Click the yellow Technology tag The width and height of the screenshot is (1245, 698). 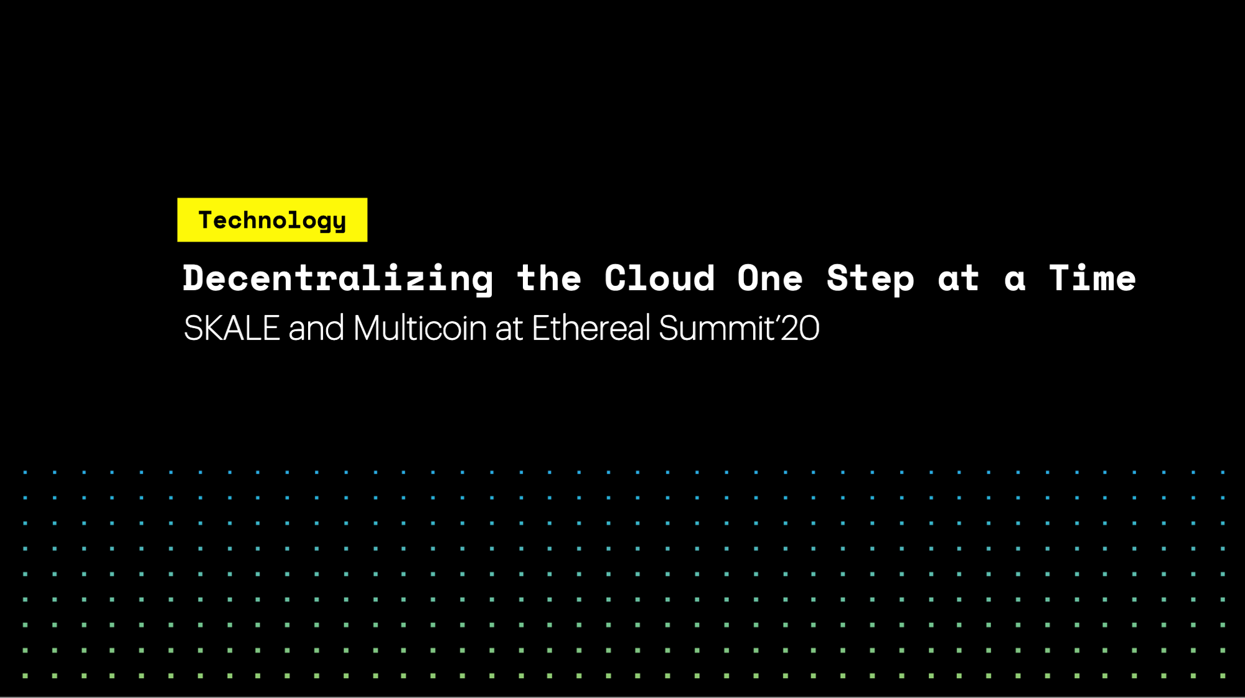pyautogui.click(x=272, y=220)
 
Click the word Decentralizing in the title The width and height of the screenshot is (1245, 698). pyautogui.click(x=338, y=278)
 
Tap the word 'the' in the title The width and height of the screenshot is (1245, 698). pyautogui.click(x=549, y=278)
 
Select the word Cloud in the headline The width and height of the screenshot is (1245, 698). pyautogui.click(x=659, y=278)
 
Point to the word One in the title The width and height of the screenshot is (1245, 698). pyautogui.click(x=770, y=278)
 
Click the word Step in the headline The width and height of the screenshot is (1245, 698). pyautogui.click(x=870, y=278)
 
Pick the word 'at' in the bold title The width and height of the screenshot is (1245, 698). pyautogui.click(x=959, y=278)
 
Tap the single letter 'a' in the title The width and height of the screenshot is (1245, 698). pyautogui.click(x=1015, y=280)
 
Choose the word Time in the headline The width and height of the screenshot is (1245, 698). pyautogui.click(x=1092, y=278)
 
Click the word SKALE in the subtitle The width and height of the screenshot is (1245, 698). pyautogui.click(x=232, y=328)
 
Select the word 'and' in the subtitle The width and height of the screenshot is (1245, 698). pyautogui.click(x=316, y=328)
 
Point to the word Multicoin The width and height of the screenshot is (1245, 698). pyautogui.click(x=420, y=328)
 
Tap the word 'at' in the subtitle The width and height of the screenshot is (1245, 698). pyautogui.click(x=509, y=329)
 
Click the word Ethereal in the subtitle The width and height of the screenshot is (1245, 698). pyautogui.click(x=591, y=328)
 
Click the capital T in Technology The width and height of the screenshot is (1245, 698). pyautogui.click(x=205, y=220)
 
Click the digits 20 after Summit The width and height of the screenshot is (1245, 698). pyautogui.click(x=800, y=328)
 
